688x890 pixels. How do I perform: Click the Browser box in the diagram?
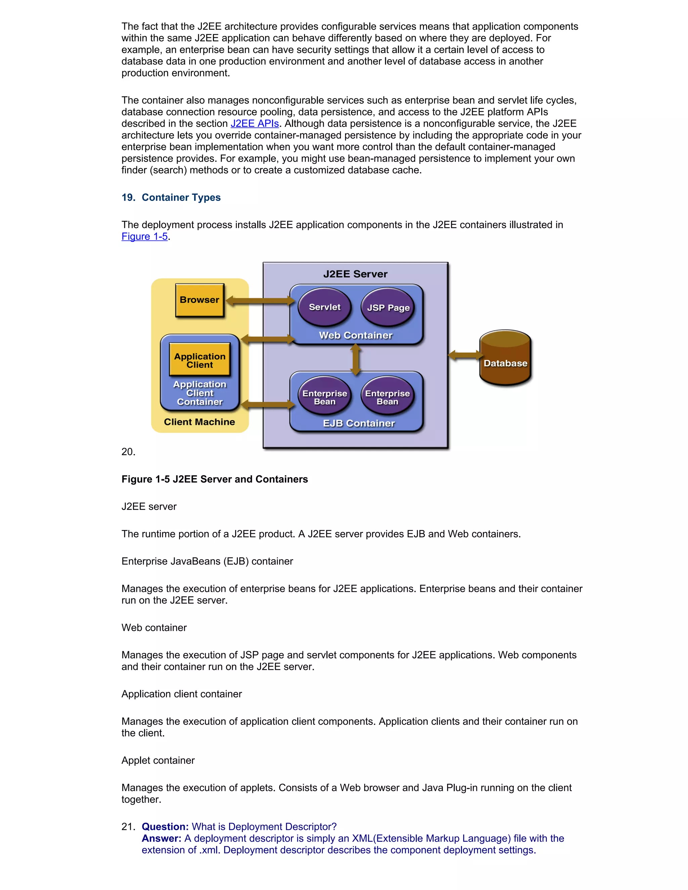pyautogui.click(x=199, y=300)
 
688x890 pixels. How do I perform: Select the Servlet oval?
pyautogui.click(x=325, y=307)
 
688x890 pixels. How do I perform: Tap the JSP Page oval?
pyautogui.click(x=388, y=308)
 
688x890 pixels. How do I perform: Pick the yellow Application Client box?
pyautogui.click(x=200, y=360)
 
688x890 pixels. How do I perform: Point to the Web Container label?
pyautogui.click(x=355, y=336)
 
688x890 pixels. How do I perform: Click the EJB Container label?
pyautogui.click(x=359, y=424)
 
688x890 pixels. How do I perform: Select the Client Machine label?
pyautogui.click(x=199, y=422)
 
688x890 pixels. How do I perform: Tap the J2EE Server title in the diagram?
pyautogui.click(x=355, y=274)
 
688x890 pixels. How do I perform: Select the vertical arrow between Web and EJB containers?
pyautogui.click(x=355, y=359)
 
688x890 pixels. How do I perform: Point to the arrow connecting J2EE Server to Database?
pyautogui.click(x=465, y=355)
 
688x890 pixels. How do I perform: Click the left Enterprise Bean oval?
pyautogui.click(x=325, y=397)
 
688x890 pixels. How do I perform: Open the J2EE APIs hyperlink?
pyautogui.click(x=254, y=124)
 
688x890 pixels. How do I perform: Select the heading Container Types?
pyautogui.click(x=181, y=197)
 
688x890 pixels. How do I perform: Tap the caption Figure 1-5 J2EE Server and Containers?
pyautogui.click(x=214, y=479)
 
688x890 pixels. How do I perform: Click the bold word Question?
pyautogui.click(x=165, y=827)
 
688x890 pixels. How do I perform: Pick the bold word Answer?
pyautogui.click(x=161, y=838)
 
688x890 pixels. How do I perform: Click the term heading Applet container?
pyautogui.click(x=158, y=760)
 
